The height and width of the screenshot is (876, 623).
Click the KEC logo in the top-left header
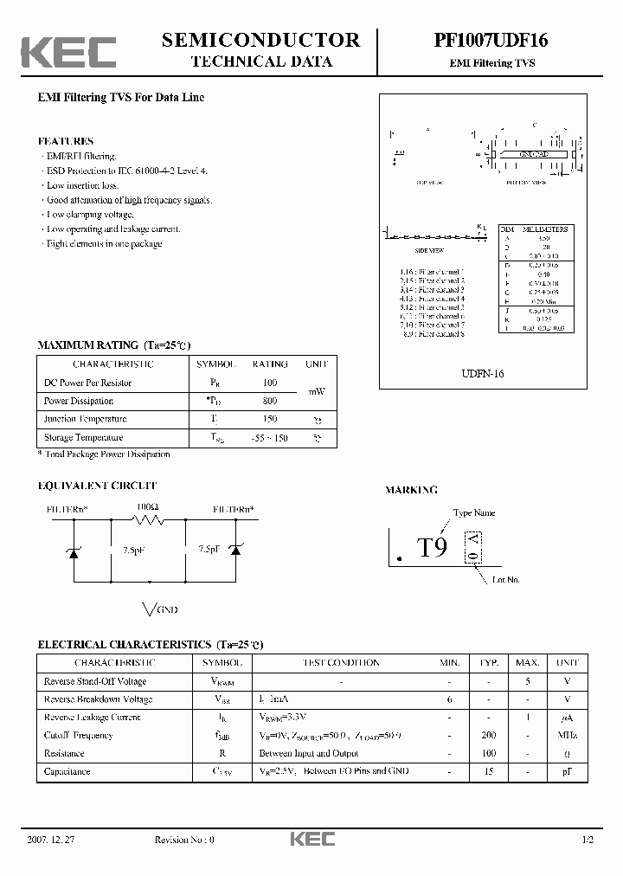click(x=68, y=51)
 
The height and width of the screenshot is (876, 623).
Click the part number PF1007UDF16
click(x=485, y=40)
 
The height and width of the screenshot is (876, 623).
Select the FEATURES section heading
click(x=66, y=141)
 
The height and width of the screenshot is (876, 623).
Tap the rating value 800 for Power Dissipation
click(x=270, y=402)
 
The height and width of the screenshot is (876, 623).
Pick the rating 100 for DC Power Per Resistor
click(x=270, y=383)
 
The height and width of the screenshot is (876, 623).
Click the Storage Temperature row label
click(x=84, y=438)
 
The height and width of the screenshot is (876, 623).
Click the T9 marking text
click(x=432, y=548)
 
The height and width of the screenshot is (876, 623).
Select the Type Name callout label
click(x=473, y=513)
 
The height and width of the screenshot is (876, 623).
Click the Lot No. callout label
click(x=505, y=578)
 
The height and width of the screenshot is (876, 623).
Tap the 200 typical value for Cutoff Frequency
click(x=489, y=736)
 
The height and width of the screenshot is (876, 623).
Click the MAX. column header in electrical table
click(x=528, y=663)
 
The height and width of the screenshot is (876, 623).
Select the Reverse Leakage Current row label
click(x=93, y=718)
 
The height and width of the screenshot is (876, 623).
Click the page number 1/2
click(x=588, y=840)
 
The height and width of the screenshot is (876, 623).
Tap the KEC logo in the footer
click(x=311, y=839)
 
